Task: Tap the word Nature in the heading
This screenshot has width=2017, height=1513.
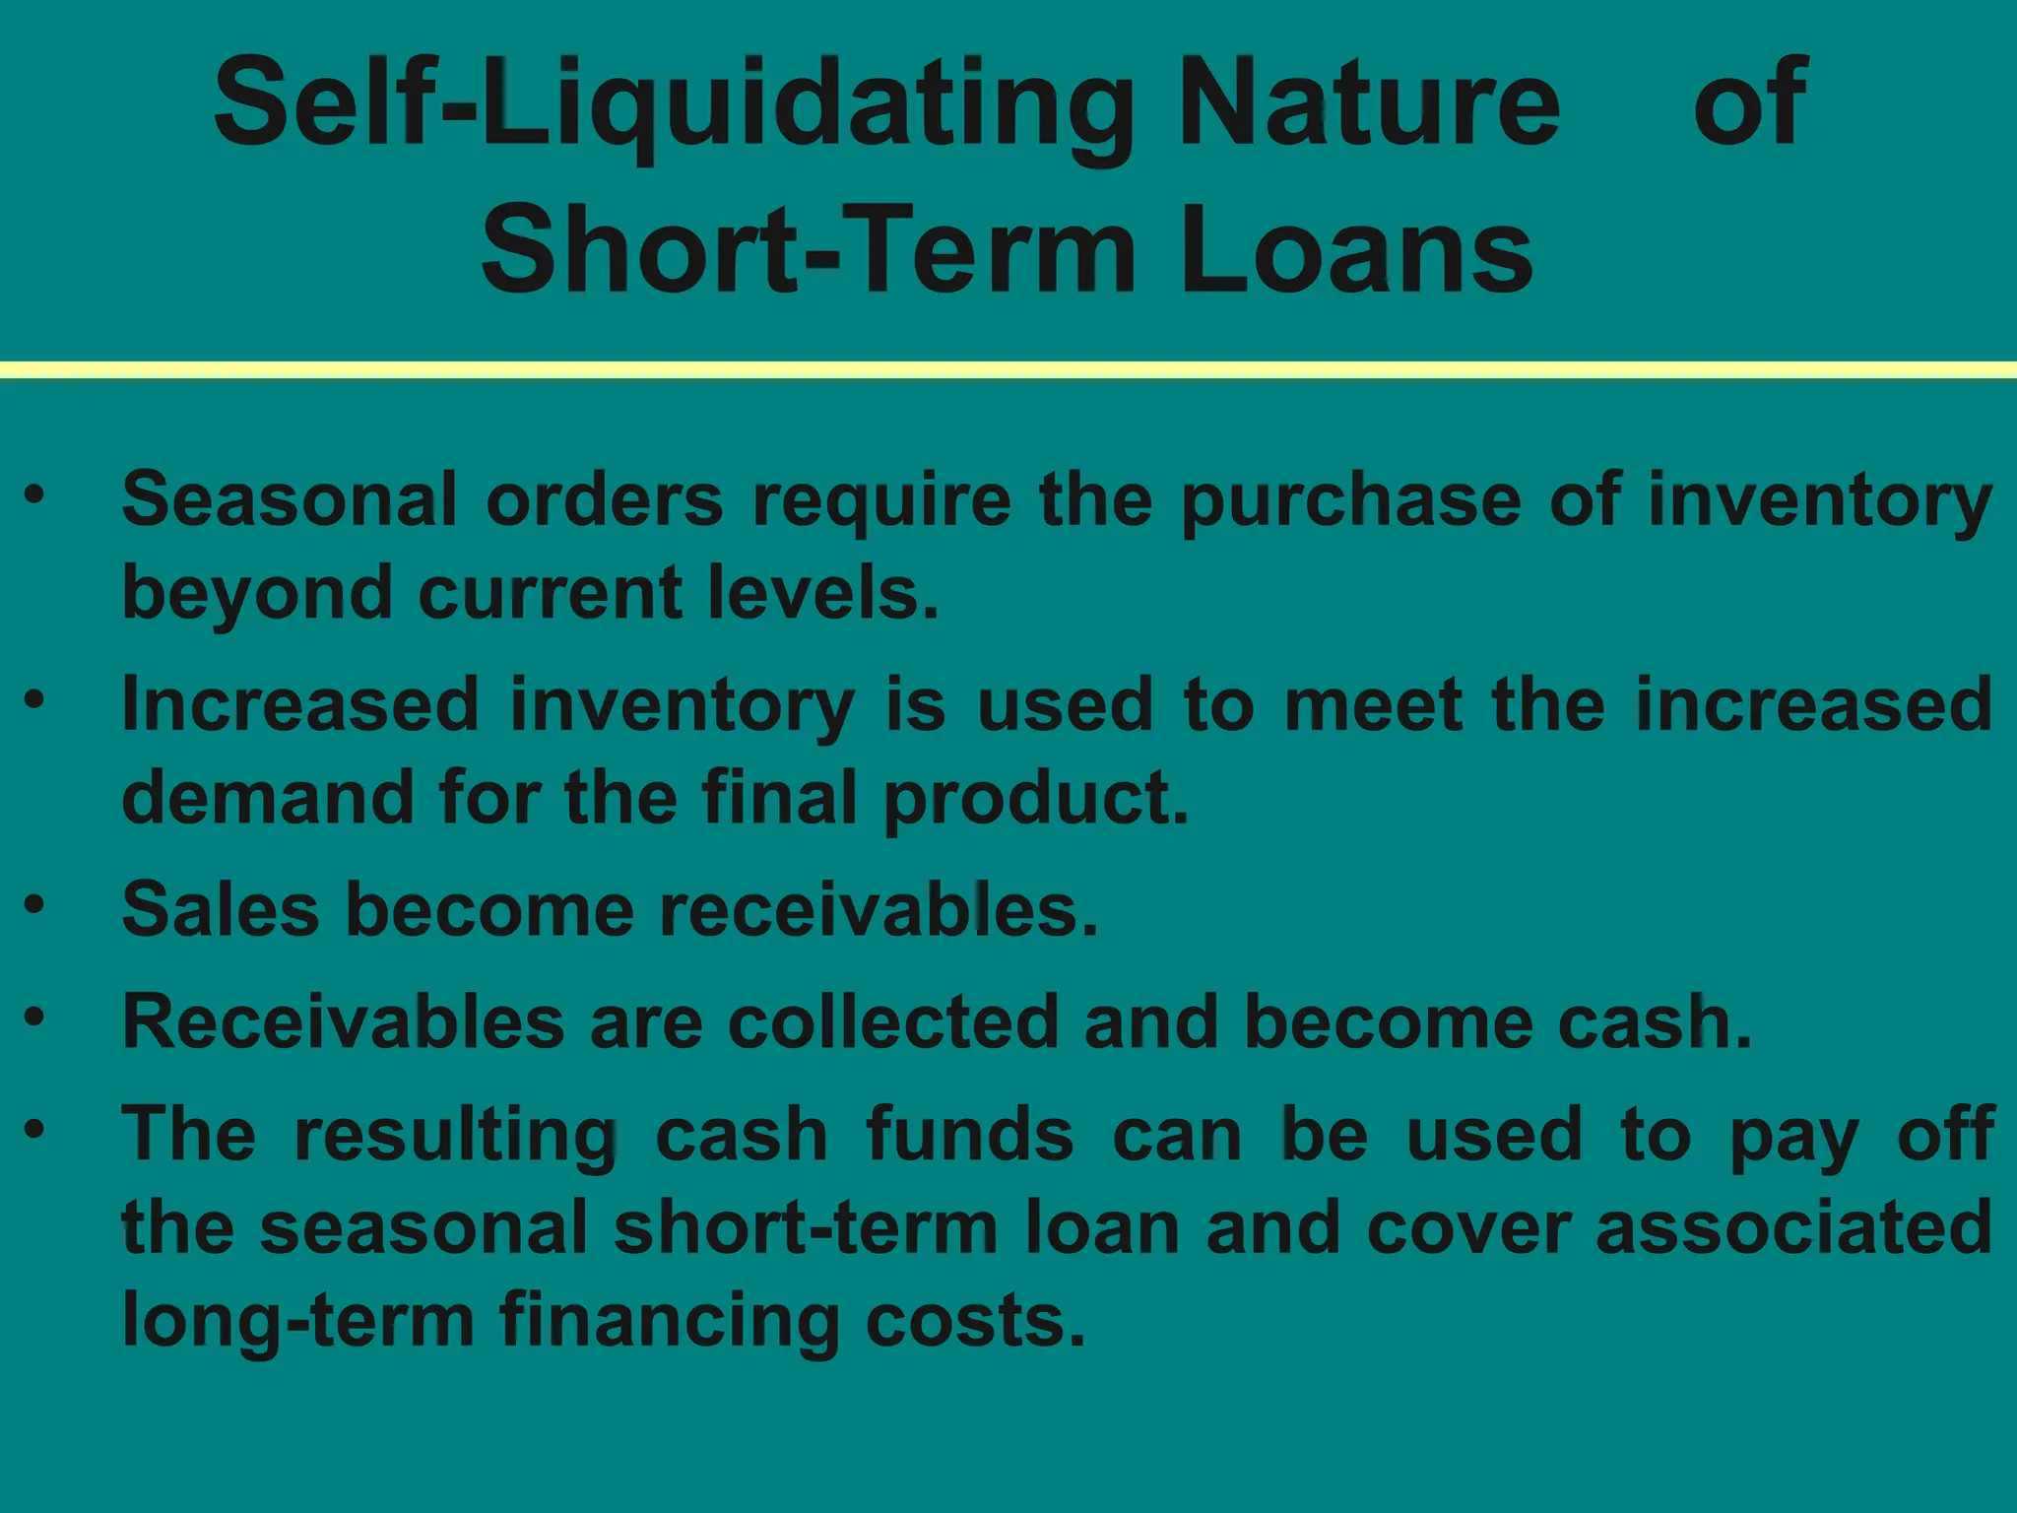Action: pyautogui.click(x=1369, y=102)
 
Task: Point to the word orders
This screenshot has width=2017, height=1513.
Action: pyautogui.click(x=604, y=500)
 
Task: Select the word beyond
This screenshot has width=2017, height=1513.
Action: pyautogui.click(x=256, y=595)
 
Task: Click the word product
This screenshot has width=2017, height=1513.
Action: pyautogui.click(x=1036, y=799)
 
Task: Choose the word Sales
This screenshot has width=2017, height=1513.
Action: pyautogui.click(x=221, y=909)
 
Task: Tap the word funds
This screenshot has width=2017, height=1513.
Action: pyautogui.click(x=970, y=1135)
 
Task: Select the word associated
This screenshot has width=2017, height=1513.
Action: pyautogui.click(x=1793, y=1228)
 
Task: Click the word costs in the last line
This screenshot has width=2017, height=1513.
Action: pyautogui.click(x=975, y=1322)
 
